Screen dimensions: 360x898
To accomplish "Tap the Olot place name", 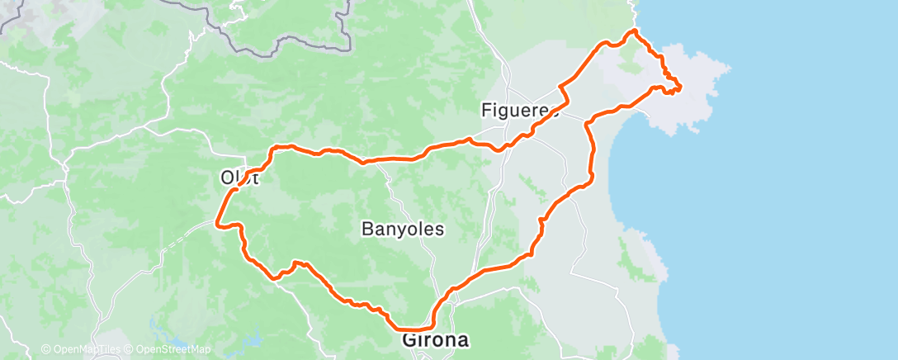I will coord(239,177).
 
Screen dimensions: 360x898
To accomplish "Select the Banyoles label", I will coord(403,230).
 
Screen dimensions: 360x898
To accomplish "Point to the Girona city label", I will coord(435,339).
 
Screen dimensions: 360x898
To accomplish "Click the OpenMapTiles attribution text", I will coord(84,350).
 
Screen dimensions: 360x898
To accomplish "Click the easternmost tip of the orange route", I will coord(680,86).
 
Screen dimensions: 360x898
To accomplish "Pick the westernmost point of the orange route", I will coord(216,222).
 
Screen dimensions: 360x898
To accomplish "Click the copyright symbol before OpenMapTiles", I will coord(46,350).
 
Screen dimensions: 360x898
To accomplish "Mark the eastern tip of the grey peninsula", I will coord(730,66).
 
